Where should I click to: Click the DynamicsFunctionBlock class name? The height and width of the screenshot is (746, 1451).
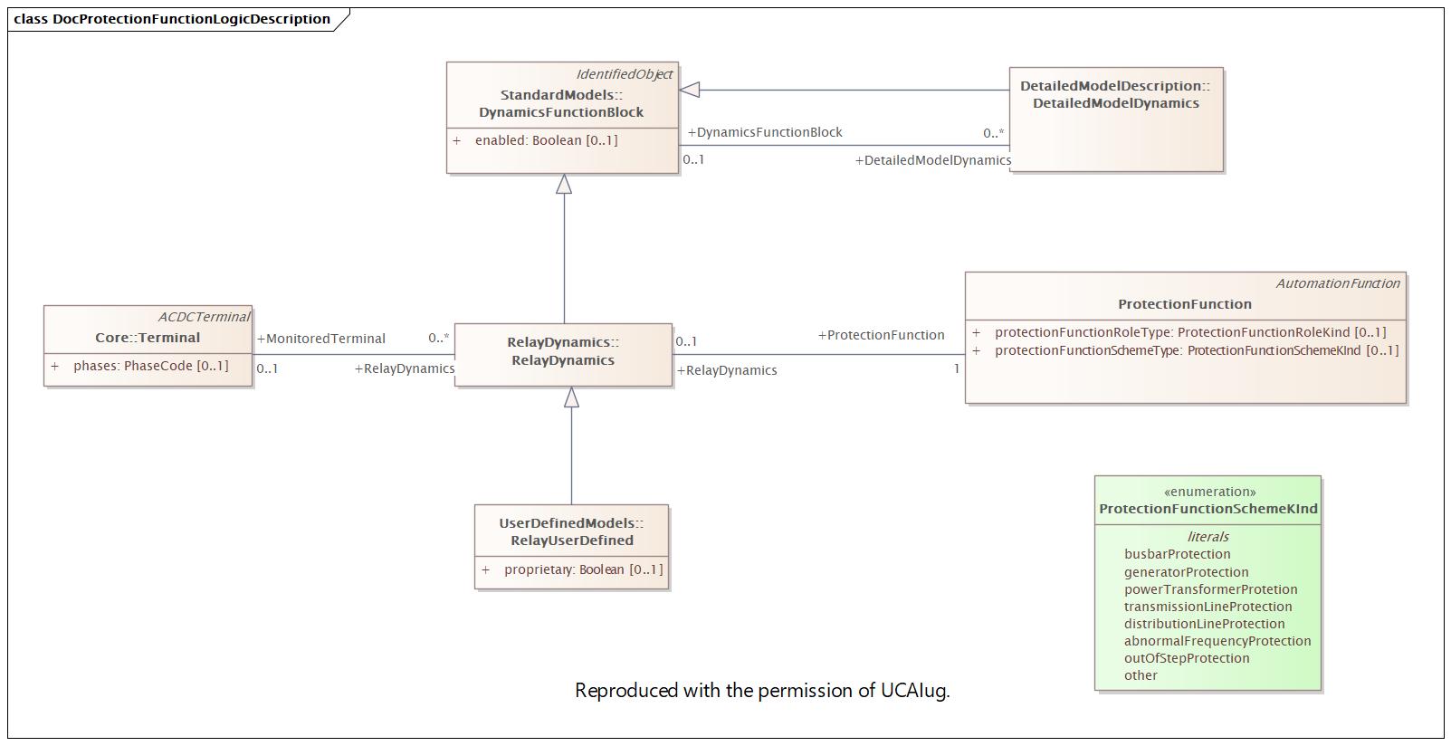coord(561,112)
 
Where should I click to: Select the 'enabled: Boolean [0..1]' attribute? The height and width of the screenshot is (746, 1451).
coord(546,140)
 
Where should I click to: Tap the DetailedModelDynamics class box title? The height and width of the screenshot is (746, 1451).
coord(1115,95)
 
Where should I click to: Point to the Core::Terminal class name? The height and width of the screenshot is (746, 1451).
coord(148,338)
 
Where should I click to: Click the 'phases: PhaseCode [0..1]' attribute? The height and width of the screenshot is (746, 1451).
coord(150,366)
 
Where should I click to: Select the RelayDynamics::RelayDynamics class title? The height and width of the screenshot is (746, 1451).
coord(562,351)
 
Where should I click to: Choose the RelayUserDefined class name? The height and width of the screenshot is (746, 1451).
coord(571,540)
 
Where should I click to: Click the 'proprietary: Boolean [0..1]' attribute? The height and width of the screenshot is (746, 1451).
coord(583,569)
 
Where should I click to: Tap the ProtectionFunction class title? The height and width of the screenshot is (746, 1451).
coord(1184,304)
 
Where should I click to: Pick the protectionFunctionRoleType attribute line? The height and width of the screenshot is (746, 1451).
coord(1189,332)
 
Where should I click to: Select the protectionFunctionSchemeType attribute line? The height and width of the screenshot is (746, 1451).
coord(1196,350)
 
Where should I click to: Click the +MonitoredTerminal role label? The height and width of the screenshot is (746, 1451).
coord(321,339)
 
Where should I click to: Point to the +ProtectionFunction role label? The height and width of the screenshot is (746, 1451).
coord(881,335)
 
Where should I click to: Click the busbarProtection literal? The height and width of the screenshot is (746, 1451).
coord(1177,554)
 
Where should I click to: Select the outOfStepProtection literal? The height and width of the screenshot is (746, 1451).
coord(1186,658)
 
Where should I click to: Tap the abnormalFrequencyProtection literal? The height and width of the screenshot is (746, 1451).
coord(1217,641)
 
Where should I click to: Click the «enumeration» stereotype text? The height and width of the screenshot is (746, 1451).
coord(1209,492)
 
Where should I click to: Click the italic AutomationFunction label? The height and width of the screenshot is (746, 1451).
coord(1337,283)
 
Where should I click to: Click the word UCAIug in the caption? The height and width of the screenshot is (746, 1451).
coord(914,691)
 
